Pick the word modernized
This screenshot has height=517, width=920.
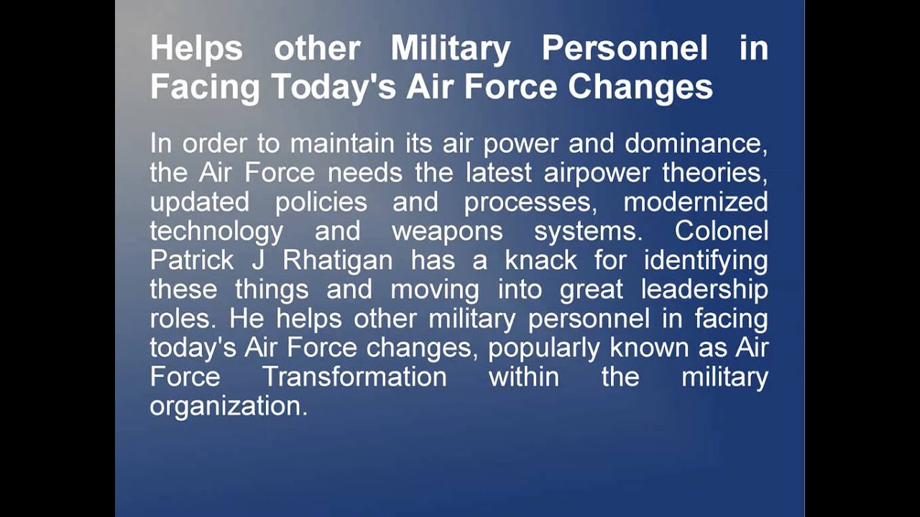(695, 202)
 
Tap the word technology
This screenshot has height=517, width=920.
(216, 232)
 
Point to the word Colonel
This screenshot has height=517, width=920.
(722, 231)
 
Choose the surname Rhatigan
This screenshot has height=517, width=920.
(338, 261)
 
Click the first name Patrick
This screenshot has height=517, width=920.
(192, 261)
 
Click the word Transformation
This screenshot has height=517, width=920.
(354, 377)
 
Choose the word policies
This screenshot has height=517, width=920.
(321, 202)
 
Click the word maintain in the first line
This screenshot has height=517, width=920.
(342, 144)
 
